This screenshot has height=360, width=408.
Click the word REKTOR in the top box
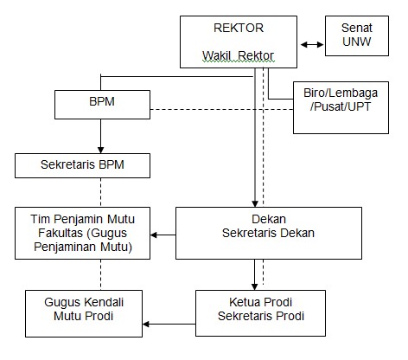click(239, 28)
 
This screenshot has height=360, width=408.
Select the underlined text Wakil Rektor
click(239, 55)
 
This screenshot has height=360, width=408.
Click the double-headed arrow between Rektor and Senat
click(312, 44)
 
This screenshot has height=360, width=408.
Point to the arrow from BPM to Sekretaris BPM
click(100, 136)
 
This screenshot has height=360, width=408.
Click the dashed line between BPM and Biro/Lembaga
click(221, 109)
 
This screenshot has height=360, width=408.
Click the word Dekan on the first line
click(269, 219)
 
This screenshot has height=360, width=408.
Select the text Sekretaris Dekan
click(268, 233)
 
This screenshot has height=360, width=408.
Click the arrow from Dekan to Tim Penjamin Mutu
click(163, 235)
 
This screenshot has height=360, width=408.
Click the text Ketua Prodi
click(261, 302)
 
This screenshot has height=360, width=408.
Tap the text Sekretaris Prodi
click(261, 316)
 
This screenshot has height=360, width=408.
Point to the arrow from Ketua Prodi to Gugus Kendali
click(169, 325)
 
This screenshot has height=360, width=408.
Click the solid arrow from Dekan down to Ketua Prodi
click(254, 274)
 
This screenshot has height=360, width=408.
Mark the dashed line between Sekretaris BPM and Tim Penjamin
click(100, 192)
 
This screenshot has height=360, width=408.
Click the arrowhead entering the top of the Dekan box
click(255, 203)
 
